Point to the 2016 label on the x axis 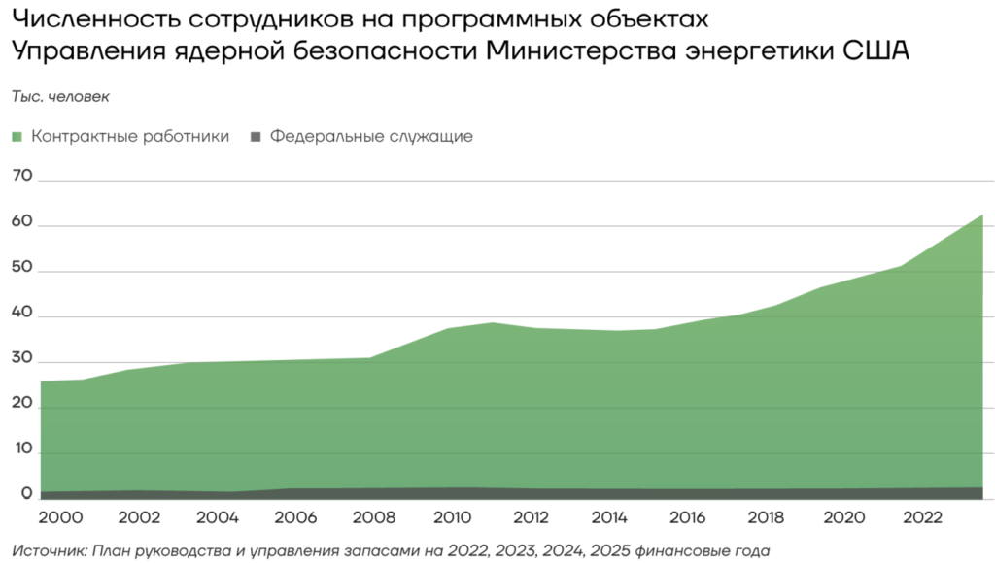[x=687, y=517]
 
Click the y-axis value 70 [x=21, y=177]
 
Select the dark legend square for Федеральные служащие [x=257, y=137]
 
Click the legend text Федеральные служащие [x=371, y=137]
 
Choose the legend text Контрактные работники [x=130, y=137]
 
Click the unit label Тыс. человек [x=61, y=97]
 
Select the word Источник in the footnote [x=51, y=550]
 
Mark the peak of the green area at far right [x=982, y=215]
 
